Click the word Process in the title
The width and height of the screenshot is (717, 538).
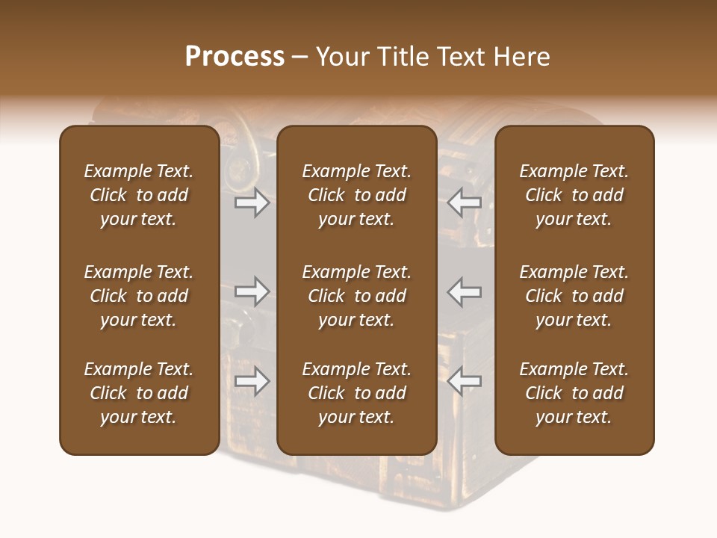(x=235, y=57)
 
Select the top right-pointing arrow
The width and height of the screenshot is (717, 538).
(x=252, y=202)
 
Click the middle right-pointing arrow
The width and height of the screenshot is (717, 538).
(x=252, y=291)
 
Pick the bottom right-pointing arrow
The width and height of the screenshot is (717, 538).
(x=252, y=381)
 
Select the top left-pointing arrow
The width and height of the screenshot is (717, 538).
(x=465, y=202)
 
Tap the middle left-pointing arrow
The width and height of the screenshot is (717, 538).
(x=465, y=291)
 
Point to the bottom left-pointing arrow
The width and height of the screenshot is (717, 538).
(x=465, y=381)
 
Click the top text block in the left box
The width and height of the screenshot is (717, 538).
(x=139, y=195)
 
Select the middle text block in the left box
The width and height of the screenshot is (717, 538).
(x=139, y=296)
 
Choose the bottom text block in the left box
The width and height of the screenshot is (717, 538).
(x=139, y=393)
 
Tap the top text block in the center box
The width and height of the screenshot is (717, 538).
(x=357, y=195)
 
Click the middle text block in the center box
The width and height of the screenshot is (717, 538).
(x=357, y=296)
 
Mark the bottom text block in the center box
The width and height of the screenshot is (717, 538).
(x=357, y=393)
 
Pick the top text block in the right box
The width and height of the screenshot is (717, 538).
(x=574, y=195)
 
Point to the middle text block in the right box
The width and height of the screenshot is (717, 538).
(x=574, y=296)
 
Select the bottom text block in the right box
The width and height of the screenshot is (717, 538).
(x=574, y=393)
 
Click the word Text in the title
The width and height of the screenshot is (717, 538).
(x=459, y=57)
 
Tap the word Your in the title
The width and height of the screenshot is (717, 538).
(x=344, y=57)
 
